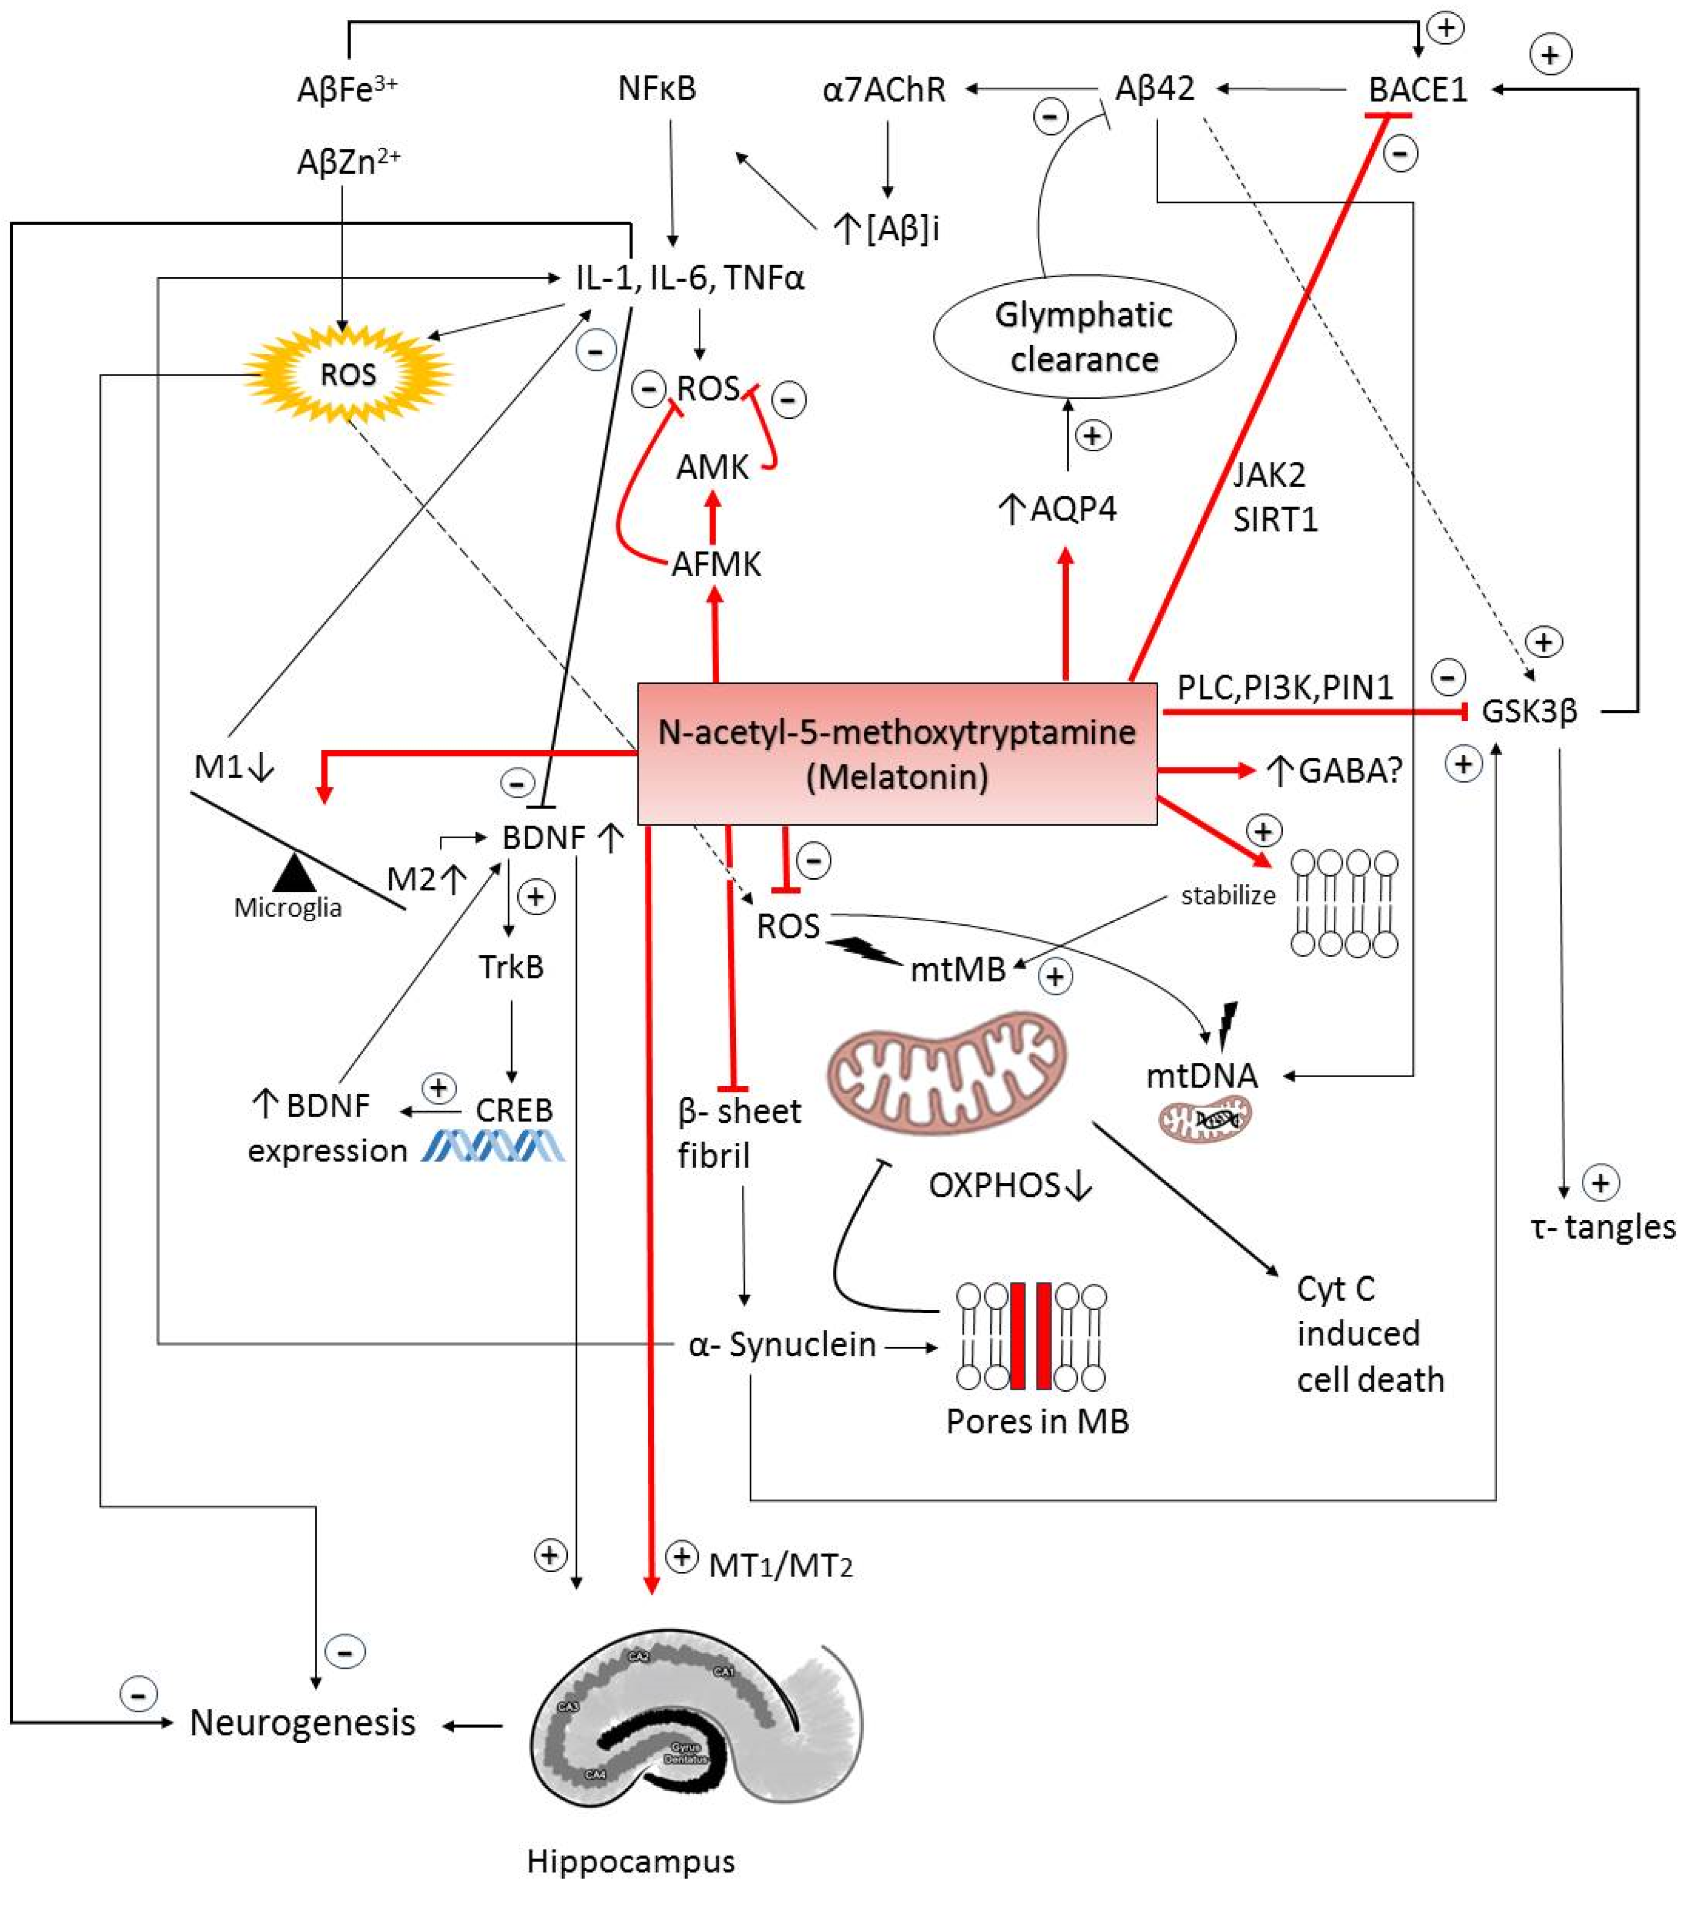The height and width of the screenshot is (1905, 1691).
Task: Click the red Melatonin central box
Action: (x=896, y=754)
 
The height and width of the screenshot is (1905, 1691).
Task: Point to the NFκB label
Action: (x=657, y=89)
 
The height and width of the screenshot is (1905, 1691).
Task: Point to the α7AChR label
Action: (x=884, y=89)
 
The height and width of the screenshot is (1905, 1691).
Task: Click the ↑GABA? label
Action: (x=1335, y=771)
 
